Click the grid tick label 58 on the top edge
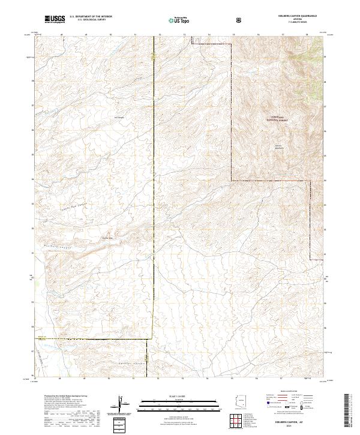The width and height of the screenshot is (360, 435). tap(307, 35)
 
